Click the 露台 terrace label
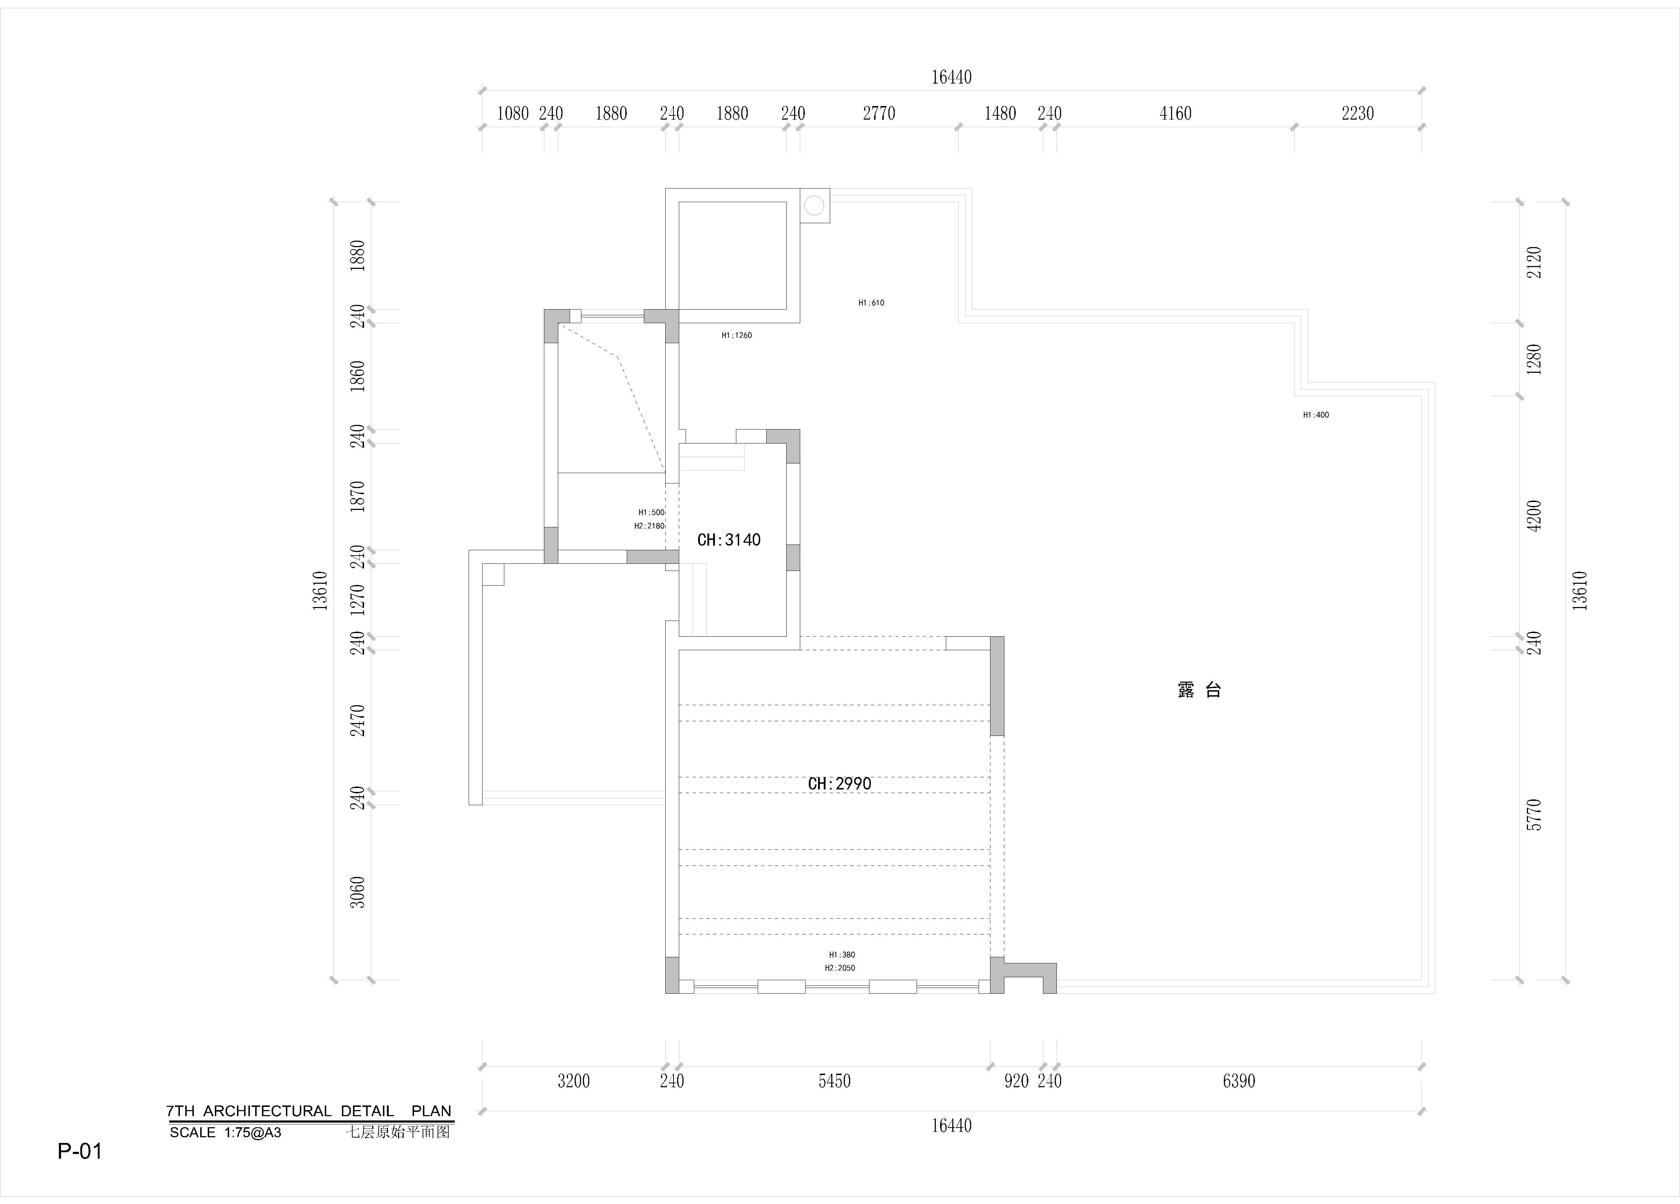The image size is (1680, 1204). tap(1199, 690)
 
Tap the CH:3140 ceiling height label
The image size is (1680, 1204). tap(729, 540)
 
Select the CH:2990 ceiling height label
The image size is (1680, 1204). tap(839, 783)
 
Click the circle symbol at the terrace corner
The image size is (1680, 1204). tap(814, 205)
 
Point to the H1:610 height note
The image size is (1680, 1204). tap(871, 302)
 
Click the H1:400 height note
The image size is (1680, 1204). tap(1316, 415)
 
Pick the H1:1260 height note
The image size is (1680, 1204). tap(736, 335)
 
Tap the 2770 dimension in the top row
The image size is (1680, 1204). tap(879, 113)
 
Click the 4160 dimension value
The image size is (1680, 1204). tap(1176, 113)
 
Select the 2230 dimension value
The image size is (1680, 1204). tap(1358, 113)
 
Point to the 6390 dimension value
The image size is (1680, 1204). tap(1238, 1081)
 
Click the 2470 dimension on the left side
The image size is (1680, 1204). tap(357, 720)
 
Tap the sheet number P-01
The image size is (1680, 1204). tap(80, 1151)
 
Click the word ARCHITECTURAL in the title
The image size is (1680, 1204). tap(267, 1111)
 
